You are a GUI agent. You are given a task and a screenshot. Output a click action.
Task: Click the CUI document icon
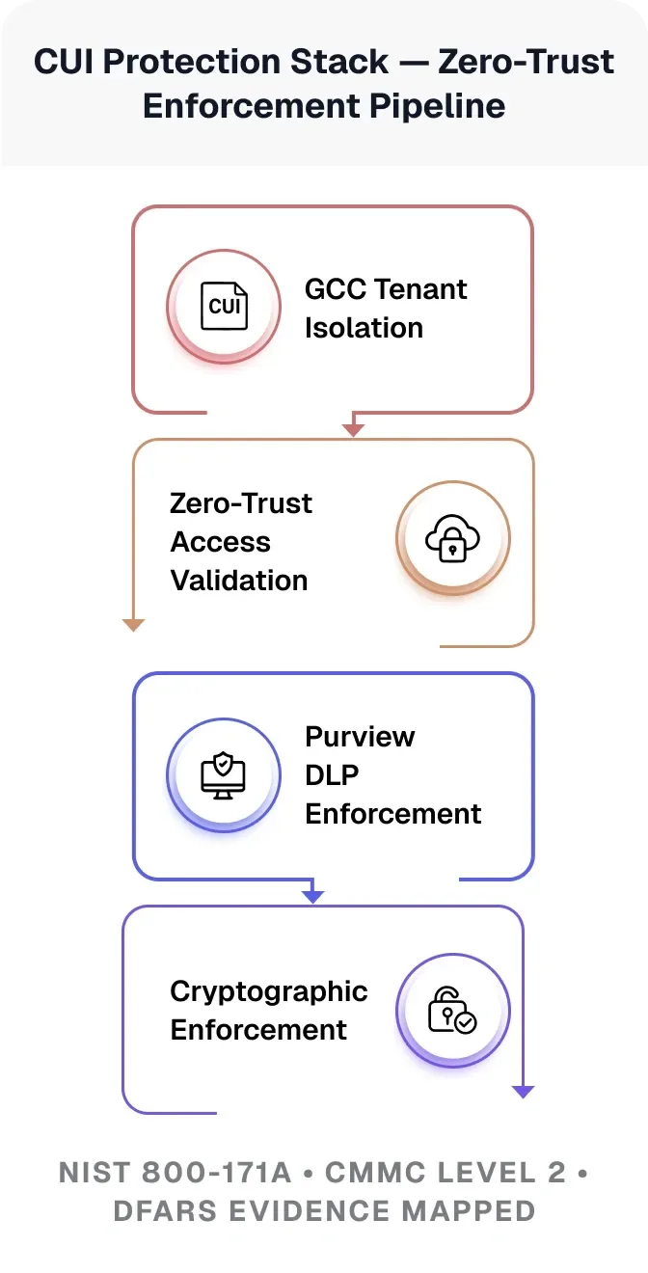tap(224, 307)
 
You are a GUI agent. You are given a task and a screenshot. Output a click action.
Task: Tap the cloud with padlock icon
tap(452, 539)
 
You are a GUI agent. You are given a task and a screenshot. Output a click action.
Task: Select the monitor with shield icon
tap(224, 774)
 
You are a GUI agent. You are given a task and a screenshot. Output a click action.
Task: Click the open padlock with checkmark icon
tap(452, 1011)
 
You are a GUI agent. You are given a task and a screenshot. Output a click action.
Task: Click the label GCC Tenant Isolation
tap(385, 309)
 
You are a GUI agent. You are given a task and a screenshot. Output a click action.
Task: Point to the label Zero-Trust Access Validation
tap(240, 542)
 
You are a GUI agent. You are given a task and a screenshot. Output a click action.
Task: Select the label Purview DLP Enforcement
tap(392, 775)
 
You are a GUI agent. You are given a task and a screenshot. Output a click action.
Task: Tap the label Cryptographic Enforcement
tap(269, 1011)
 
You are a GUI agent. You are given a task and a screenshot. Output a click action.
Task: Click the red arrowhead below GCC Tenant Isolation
tap(354, 428)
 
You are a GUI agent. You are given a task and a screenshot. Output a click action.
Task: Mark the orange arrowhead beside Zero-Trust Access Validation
tap(133, 625)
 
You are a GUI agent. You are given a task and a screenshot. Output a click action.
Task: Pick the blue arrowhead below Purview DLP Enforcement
tap(312, 896)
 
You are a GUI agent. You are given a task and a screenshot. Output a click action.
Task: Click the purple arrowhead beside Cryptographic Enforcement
tap(523, 1092)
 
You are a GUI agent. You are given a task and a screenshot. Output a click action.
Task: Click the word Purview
tap(360, 737)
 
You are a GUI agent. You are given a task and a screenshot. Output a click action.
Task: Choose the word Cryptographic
tap(269, 991)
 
